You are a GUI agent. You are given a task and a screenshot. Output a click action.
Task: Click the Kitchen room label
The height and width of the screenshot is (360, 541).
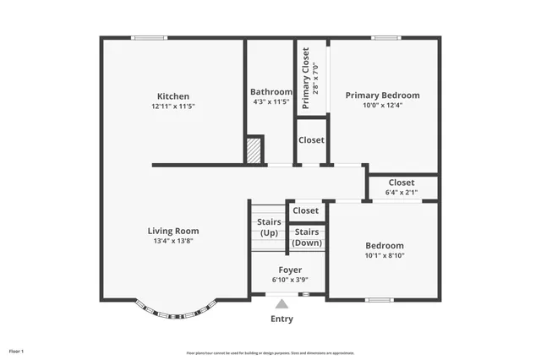click(173, 96)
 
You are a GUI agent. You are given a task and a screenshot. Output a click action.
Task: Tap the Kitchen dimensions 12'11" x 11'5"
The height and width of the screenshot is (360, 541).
click(173, 107)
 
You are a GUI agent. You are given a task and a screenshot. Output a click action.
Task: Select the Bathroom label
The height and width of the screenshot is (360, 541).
click(270, 92)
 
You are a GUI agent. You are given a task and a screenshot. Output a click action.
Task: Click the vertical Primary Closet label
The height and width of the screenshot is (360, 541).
click(306, 79)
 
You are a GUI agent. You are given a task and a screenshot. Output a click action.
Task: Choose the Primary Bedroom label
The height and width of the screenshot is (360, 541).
click(382, 95)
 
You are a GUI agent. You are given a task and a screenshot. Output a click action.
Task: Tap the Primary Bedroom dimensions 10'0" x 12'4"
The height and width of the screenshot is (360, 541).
click(382, 106)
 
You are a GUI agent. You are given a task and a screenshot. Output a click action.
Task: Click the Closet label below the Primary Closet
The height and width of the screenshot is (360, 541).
click(311, 140)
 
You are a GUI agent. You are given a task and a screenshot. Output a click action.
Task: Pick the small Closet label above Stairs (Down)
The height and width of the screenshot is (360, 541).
click(306, 210)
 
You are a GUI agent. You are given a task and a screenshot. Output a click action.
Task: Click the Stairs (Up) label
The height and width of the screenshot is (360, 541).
click(269, 227)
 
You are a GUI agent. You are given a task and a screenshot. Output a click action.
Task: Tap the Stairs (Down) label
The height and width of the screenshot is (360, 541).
click(306, 237)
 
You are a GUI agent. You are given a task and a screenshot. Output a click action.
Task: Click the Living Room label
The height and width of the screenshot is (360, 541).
click(173, 231)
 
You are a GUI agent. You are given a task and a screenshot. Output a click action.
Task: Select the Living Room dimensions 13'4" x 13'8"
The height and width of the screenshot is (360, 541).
click(173, 242)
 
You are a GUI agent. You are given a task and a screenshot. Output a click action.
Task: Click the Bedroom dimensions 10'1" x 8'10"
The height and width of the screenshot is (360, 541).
click(385, 255)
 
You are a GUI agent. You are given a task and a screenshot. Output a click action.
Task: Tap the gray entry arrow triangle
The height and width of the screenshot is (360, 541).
click(281, 303)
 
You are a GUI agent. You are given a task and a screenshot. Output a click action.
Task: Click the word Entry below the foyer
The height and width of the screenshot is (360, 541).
click(281, 319)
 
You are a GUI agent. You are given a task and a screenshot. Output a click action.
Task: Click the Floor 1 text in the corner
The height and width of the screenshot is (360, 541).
click(16, 350)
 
